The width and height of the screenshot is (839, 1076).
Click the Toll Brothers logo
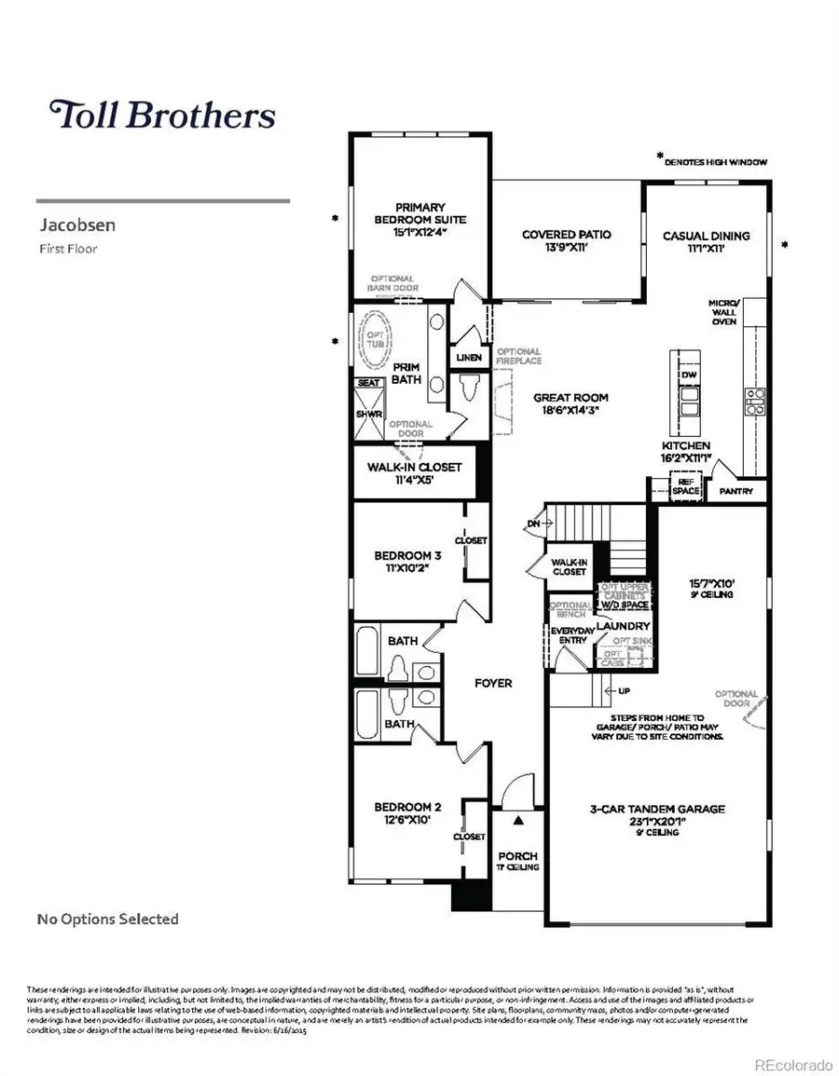point(162,115)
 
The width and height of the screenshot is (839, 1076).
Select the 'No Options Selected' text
point(107,919)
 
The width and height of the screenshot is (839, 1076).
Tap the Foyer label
point(493,683)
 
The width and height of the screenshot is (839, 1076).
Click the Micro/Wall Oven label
point(722,312)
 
